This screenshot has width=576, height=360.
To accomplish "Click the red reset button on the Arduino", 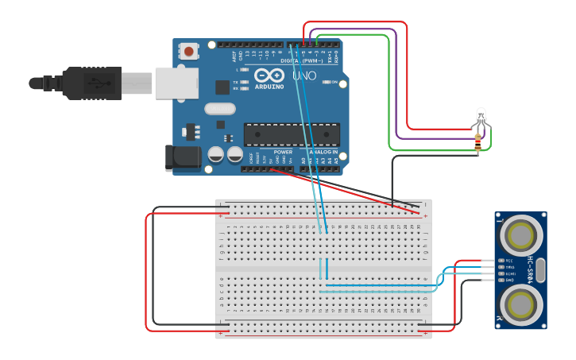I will pos(189,52).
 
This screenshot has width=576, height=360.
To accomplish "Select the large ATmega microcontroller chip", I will pos(292,135).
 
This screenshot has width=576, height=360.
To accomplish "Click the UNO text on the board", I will pos(304,76).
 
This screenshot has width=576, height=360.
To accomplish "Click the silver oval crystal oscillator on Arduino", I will pos(220,109).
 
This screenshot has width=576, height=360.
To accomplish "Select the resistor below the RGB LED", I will pos(477,143).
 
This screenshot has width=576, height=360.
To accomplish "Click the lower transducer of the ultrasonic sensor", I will pos(521,304).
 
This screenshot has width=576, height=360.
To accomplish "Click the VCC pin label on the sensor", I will pos(509,261).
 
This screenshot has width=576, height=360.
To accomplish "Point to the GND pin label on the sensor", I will pos(509,280).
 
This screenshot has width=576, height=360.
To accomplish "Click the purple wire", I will pos(396,79).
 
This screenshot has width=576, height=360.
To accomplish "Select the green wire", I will pos(389,95).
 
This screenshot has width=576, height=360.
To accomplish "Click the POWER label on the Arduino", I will pos(283,151).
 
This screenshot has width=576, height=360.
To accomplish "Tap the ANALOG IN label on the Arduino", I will pos(323,151).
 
